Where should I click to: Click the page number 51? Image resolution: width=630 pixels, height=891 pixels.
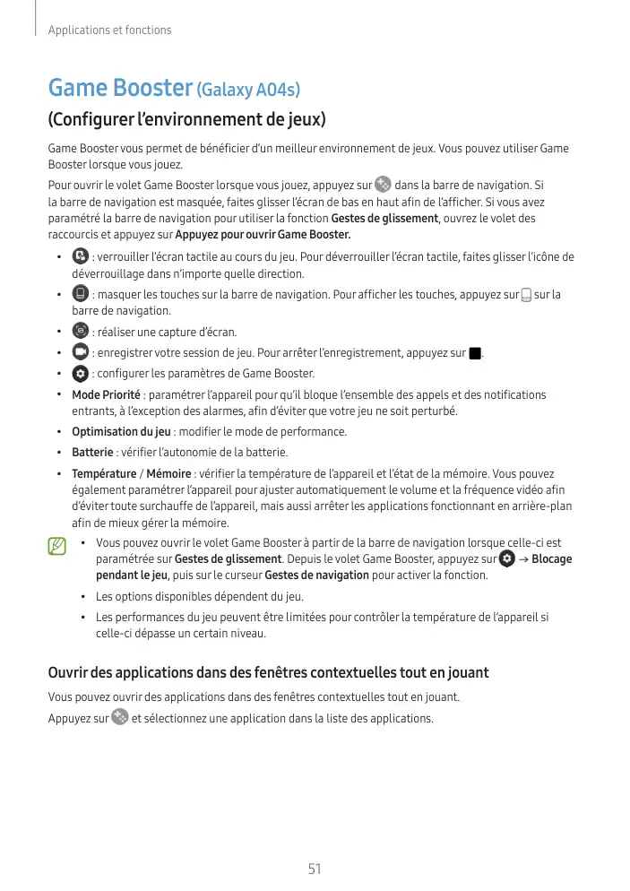click(315, 869)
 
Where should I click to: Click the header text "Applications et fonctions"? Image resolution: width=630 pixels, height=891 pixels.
click(109, 30)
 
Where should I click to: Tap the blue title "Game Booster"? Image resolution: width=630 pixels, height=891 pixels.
click(120, 89)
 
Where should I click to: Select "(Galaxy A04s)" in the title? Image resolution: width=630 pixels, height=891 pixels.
click(248, 91)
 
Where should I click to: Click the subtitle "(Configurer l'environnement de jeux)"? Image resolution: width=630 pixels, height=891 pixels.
click(186, 120)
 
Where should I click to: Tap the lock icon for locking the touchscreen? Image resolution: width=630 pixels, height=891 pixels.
click(79, 256)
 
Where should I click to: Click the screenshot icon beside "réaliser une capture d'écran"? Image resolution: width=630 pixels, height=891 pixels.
click(79, 331)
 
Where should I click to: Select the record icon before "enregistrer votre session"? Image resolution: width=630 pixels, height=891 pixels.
click(79, 351)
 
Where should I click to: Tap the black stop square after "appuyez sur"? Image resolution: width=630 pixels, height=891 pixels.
click(475, 353)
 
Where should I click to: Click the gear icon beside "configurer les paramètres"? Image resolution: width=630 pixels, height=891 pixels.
click(79, 373)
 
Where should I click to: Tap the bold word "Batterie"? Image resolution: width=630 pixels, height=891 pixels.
click(92, 452)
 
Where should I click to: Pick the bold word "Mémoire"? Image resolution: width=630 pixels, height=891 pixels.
click(168, 473)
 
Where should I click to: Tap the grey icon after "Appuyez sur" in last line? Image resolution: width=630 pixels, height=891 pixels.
click(119, 717)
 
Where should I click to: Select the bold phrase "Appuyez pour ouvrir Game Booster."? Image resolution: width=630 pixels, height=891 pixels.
click(263, 235)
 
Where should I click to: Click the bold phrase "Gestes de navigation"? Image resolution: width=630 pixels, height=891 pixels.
click(317, 575)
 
